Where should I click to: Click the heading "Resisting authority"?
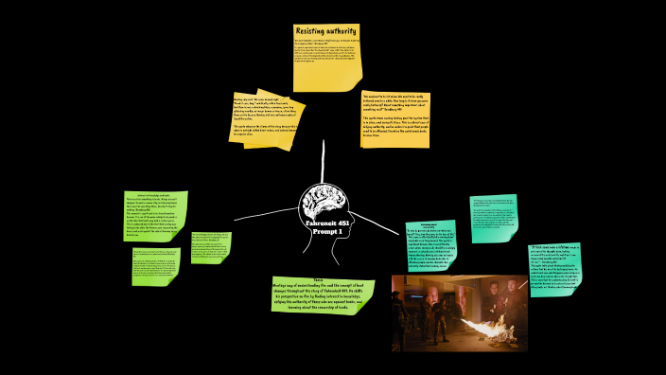tap(326, 30)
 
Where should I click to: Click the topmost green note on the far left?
tap(155, 216)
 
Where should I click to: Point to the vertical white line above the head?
tap(324, 156)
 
